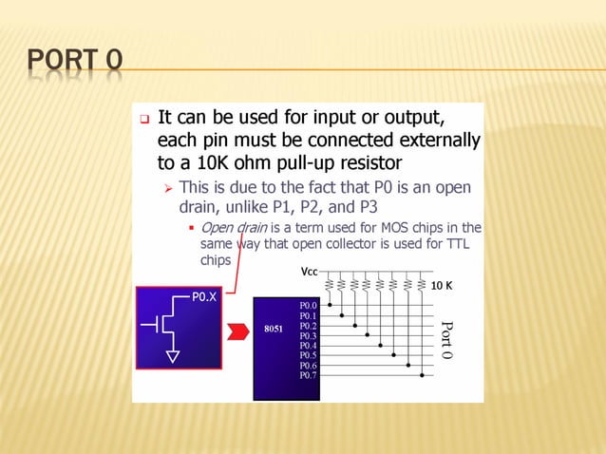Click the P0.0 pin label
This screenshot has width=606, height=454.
(x=308, y=306)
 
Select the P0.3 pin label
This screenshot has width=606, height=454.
(x=308, y=335)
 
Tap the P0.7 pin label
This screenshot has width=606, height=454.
(x=308, y=375)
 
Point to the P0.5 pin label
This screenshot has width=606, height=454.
(x=308, y=355)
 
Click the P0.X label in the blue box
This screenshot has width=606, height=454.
(x=204, y=297)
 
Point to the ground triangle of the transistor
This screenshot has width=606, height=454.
(x=173, y=356)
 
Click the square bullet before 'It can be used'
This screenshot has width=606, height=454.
(x=144, y=121)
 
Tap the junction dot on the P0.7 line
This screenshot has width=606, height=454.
(x=422, y=375)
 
